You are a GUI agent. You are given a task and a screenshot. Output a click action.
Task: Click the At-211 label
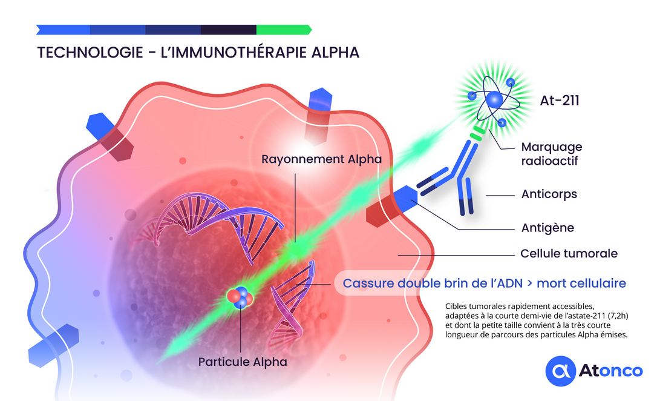tap(559, 101)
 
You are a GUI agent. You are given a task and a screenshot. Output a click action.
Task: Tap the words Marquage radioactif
tap(551, 153)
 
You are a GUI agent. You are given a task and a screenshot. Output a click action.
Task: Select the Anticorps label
tap(549, 194)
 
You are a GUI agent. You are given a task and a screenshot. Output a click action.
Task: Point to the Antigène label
tap(547, 228)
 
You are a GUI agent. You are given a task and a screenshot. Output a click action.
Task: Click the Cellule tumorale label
tap(569, 254)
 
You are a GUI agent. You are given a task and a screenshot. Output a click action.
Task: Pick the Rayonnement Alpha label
tap(321, 159)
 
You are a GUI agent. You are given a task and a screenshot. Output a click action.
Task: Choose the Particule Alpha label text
tap(243, 362)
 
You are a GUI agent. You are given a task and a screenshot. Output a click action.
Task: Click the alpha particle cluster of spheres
tap(240, 297)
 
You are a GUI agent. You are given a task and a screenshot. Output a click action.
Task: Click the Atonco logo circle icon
tap(560, 371)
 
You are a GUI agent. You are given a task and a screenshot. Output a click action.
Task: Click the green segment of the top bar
tap(283, 30)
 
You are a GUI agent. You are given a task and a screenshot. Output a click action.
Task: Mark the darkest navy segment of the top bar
tap(228, 30)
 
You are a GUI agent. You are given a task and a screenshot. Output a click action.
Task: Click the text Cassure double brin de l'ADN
tap(430, 283)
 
